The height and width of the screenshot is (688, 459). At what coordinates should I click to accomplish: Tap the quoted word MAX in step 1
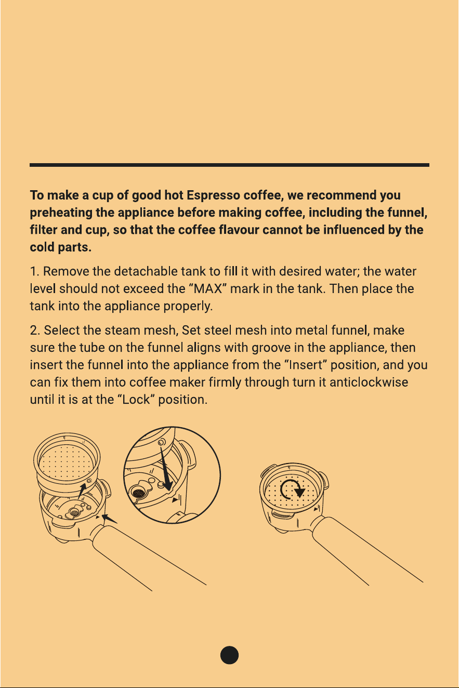tap(208, 289)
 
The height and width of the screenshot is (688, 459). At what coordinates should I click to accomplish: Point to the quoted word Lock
tap(136, 400)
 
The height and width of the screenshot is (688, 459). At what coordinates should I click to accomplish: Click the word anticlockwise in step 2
tap(369, 382)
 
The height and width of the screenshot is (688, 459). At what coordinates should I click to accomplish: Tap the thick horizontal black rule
tap(230, 165)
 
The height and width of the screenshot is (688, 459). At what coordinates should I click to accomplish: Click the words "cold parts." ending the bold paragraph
tap(60, 247)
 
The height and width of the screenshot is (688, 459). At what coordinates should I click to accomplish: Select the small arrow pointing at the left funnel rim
tap(109, 519)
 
